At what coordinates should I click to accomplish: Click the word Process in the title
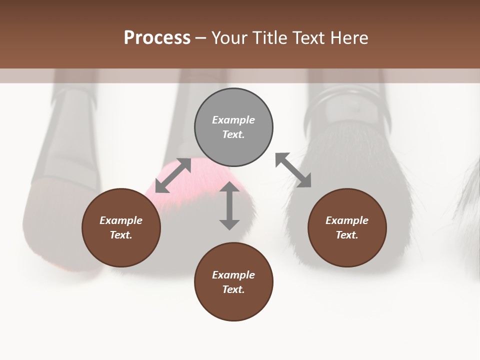[157, 38]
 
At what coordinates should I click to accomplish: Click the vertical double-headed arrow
[229, 205]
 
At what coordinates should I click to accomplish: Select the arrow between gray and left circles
[173, 175]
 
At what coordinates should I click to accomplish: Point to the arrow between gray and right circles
[293, 170]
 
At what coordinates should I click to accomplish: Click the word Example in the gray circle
[233, 120]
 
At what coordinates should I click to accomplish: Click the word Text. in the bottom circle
[233, 289]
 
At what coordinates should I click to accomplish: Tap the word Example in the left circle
[121, 220]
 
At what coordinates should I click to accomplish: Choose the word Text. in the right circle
[347, 235]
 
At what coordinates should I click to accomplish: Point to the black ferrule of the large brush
[345, 107]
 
